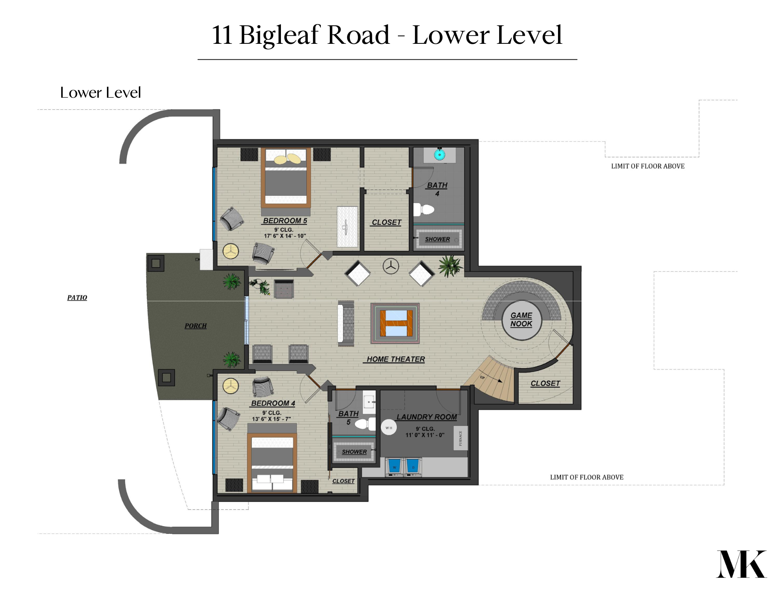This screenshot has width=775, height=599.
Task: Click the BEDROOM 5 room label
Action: [285, 221]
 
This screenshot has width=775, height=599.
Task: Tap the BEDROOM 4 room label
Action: [273, 403]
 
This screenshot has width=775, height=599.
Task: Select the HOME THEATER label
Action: [396, 359]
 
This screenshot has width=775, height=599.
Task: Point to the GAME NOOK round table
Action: [522, 320]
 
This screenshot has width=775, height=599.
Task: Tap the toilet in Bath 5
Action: [365, 424]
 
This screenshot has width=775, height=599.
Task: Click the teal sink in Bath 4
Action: [439, 155]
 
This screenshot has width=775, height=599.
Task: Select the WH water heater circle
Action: [389, 428]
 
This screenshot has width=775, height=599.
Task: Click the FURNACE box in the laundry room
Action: [460, 438]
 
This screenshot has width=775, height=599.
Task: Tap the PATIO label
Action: [77, 298]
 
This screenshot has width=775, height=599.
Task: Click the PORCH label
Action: [195, 326]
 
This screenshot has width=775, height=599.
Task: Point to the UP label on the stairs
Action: [482, 377]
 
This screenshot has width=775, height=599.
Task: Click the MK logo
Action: [741, 564]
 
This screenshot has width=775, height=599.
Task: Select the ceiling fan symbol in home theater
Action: [391, 266]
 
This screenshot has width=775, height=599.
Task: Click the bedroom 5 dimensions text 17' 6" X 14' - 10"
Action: [285, 236]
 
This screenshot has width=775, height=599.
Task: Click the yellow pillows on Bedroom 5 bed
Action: [288, 159]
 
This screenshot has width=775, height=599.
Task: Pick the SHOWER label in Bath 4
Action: [437, 239]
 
